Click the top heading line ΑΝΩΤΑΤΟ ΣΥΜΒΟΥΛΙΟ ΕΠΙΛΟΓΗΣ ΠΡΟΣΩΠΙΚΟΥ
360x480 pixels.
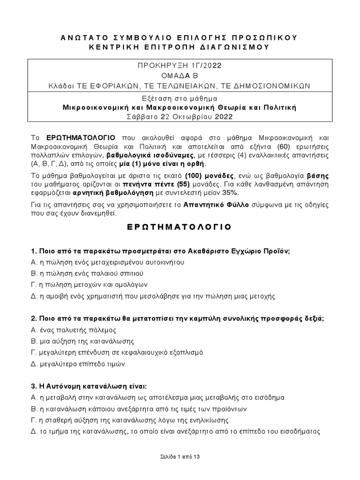(180, 37)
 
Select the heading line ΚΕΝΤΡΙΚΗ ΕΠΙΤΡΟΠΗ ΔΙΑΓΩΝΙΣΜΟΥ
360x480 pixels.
(180, 47)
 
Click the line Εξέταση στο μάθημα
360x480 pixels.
(180, 97)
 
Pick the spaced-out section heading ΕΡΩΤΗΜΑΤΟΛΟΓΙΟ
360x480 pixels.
(180, 227)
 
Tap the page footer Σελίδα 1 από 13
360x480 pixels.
(180, 456)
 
